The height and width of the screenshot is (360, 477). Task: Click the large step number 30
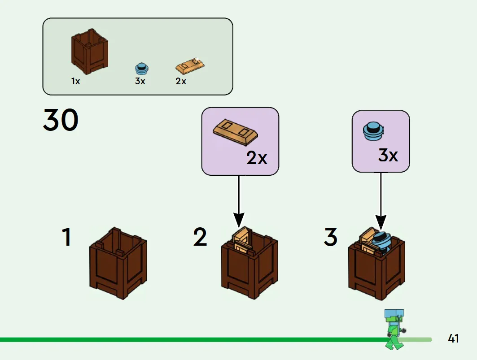[61, 120]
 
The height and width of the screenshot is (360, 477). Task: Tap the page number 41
[453, 338]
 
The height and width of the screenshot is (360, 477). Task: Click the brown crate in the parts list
[89, 52]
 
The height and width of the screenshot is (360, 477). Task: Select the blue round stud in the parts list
[141, 69]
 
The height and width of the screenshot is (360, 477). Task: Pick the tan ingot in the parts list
[190, 65]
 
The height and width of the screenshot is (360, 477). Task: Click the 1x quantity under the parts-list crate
[76, 81]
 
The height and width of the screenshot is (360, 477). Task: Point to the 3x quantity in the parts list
[140, 81]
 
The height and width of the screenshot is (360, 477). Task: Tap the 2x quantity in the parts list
[181, 81]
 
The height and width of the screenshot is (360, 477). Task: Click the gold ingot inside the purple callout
[235, 132]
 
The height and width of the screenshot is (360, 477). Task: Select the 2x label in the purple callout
[257, 158]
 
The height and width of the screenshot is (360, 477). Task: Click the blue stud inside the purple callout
[373, 131]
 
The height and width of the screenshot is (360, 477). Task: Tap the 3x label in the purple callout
[388, 156]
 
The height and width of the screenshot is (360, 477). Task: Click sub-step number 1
[66, 237]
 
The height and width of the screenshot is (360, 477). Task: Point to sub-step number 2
[200, 237]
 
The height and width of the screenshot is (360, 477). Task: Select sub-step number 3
[331, 237]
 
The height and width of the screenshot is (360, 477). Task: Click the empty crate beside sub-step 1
[118, 263]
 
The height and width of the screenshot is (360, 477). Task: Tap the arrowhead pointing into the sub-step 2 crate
[239, 220]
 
